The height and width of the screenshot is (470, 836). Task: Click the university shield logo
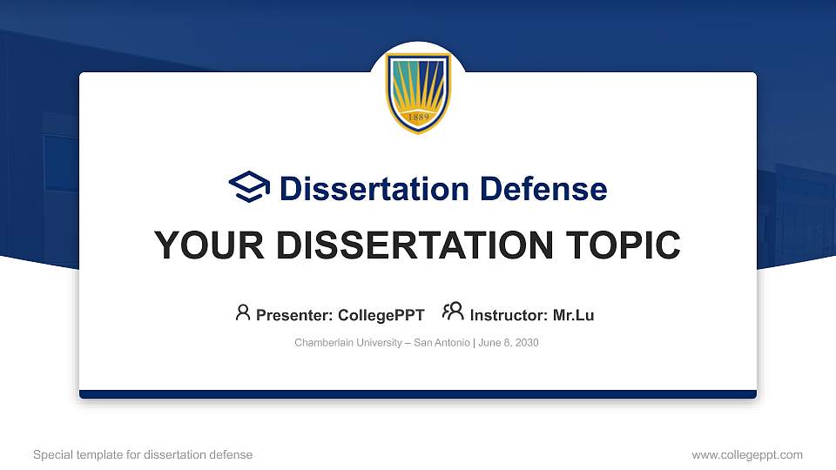[x=418, y=92]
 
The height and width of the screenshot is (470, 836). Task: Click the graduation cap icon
[x=249, y=188]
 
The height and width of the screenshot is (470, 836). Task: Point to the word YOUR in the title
[x=201, y=245]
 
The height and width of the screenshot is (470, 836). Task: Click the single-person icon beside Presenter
[x=243, y=312]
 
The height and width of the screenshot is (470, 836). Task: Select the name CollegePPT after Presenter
[x=381, y=315]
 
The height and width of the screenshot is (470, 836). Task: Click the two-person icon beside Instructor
[x=453, y=312]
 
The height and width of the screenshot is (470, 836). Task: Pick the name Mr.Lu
[x=574, y=315]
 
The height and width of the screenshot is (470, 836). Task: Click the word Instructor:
[x=509, y=315]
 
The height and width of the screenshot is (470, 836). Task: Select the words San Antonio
[x=442, y=343]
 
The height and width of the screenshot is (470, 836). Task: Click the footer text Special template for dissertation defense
[x=143, y=454]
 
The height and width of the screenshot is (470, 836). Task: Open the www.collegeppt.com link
[x=747, y=454]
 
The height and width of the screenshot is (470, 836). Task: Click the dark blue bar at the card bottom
[x=418, y=394]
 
